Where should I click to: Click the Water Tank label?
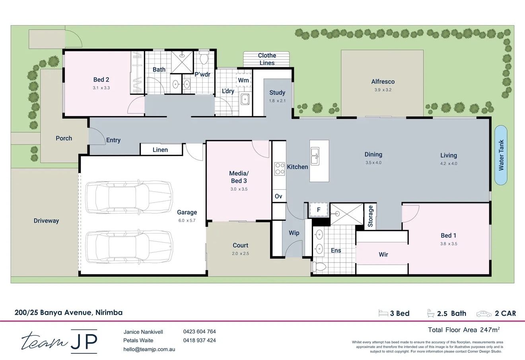[x=501, y=155]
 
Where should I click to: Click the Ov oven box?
[x=278, y=196]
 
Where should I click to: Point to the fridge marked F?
[x=318, y=210]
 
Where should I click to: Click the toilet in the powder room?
[x=204, y=58]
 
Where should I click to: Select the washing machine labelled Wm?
[x=243, y=80]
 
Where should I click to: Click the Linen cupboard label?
[x=160, y=150]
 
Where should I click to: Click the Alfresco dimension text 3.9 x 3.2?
[x=383, y=90]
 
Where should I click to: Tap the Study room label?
[x=277, y=93]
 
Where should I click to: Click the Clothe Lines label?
[x=267, y=59]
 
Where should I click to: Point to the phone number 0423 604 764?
[x=199, y=331]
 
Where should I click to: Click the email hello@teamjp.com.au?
[x=149, y=349]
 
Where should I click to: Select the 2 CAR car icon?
[x=484, y=313]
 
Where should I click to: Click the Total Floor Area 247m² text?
[x=463, y=330]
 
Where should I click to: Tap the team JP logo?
[x=60, y=341]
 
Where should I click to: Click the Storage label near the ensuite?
[x=371, y=216]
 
